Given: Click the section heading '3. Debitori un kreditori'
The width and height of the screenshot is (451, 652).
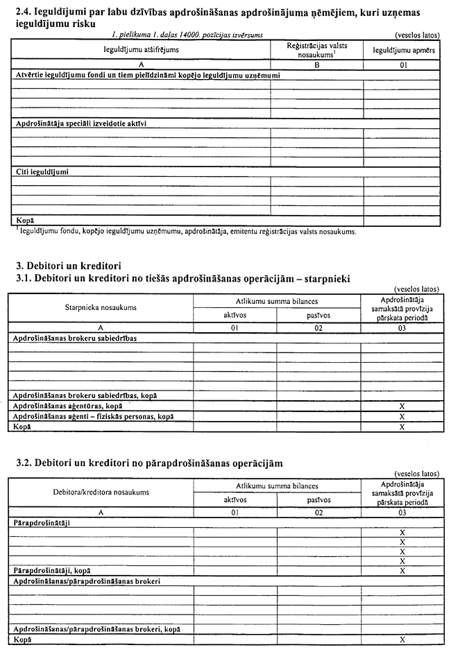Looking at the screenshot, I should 69,265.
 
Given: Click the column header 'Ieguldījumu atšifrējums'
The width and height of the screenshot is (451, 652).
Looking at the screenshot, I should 141,51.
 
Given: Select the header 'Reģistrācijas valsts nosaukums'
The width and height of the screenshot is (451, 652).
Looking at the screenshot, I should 316,50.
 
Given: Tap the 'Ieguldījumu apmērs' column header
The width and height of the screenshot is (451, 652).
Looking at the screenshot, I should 403,51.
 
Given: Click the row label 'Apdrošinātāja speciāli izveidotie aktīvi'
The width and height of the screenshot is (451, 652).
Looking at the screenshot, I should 80,123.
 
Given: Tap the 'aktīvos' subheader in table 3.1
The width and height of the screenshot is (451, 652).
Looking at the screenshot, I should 235,314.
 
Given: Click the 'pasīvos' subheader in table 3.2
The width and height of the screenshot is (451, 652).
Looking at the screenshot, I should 318,499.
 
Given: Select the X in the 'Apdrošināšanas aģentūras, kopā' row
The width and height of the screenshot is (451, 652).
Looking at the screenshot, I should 403,405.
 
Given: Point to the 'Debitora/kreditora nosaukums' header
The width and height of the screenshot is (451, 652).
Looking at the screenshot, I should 101,492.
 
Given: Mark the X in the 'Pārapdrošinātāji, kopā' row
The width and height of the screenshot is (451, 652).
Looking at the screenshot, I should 402,570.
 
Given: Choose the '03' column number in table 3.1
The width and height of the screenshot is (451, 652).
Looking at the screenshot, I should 403,325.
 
